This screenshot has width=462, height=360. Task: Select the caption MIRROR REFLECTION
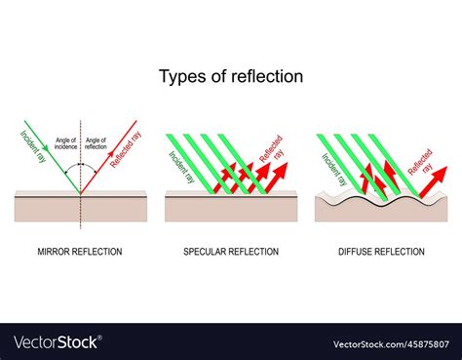81,252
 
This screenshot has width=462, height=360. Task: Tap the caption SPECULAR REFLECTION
231,252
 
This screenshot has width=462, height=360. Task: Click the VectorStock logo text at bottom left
57,342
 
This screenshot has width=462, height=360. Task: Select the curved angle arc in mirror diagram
81,168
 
